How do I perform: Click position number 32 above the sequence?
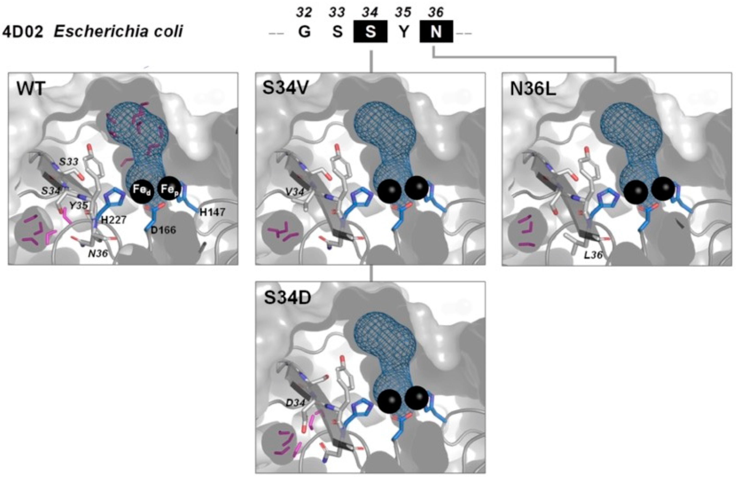tap(304, 12)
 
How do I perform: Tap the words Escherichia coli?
tap(118, 32)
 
